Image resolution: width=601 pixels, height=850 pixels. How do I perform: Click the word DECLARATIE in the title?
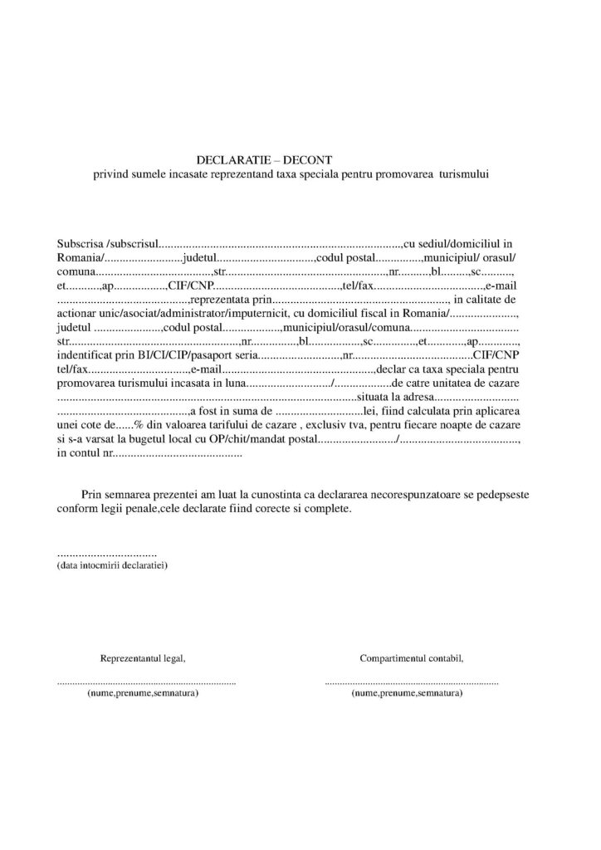tap(227, 159)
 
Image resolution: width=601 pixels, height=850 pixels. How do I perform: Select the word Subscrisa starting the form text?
tap(81, 244)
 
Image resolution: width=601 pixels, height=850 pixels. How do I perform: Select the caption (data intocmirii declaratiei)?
tap(113, 564)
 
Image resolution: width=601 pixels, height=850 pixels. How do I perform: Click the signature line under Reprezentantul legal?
tap(147, 681)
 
